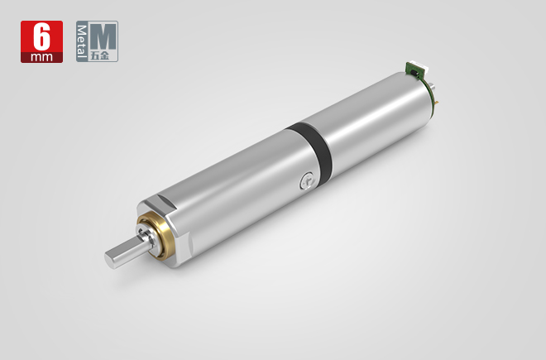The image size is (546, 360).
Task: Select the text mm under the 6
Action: pyautogui.click(x=41, y=57)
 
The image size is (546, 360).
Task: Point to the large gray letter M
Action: pyautogui.click(x=103, y=37)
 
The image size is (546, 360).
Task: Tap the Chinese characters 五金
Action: pyautogui.click(x=104, y=56)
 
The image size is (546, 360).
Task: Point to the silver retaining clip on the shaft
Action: pyautogui.click(x=147, y=236)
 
